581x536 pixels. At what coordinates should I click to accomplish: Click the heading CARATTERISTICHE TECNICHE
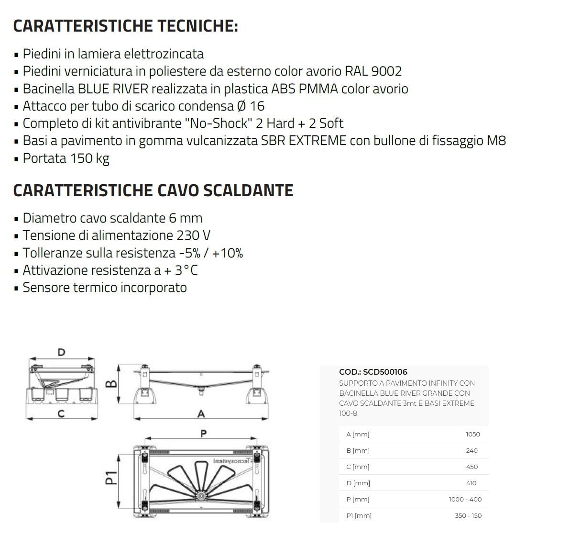125,26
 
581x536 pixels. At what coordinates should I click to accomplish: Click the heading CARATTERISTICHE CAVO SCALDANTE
153,190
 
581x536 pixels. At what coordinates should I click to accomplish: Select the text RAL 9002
373,71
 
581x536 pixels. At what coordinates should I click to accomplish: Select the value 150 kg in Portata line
90,158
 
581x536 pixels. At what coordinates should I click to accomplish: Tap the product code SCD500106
385,372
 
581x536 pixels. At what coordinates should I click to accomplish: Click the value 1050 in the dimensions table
472,435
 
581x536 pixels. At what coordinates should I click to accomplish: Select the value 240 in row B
471,451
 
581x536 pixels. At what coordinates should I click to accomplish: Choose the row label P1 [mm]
359,516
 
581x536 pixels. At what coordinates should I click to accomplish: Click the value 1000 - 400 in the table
465,500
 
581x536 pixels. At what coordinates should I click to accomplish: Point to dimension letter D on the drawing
61,353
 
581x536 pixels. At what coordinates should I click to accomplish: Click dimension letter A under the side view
201,414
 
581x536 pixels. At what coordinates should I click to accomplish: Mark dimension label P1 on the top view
110,478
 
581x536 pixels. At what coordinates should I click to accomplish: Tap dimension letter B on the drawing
110,384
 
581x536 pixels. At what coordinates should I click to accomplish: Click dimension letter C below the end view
61,414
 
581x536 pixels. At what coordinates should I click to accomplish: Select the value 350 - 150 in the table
468,516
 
